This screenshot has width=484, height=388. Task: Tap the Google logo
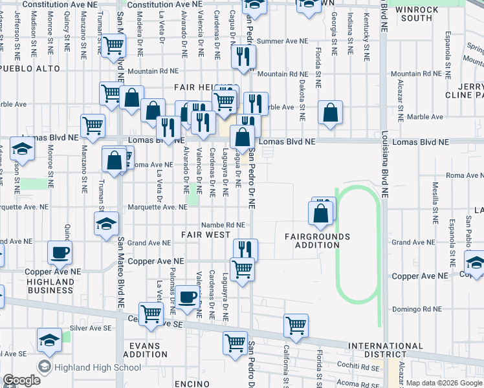tap(21, 380)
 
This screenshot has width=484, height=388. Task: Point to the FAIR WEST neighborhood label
tap(205, 235)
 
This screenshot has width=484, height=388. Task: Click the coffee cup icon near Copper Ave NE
tap(60, 252)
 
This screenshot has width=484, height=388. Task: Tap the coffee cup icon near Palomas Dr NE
tap(188, 297)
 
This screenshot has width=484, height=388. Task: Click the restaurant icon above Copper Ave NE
tap(245, 249)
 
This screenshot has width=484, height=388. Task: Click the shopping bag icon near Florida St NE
tap(331, 113)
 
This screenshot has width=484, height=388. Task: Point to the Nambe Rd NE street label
tap(223, 225)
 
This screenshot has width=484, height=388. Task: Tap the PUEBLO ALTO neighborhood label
tap(30, 68)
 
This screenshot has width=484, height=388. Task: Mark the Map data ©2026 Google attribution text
tap(444, 383)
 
